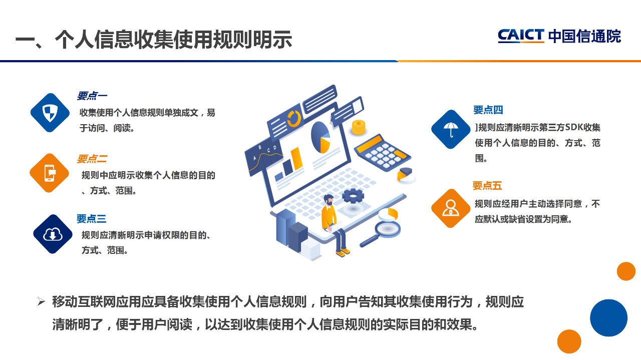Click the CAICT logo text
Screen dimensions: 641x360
point(521,36)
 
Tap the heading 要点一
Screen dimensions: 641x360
point(92,96)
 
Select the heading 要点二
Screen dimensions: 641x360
point(92,159)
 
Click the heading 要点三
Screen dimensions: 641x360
point(91,219)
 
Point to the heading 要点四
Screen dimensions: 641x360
point(488,110)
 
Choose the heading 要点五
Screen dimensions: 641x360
point(487,186)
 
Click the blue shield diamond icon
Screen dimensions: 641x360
point(50,113)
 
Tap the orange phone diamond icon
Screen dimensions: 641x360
point(50,173)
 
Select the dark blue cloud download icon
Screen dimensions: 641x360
point(53,234)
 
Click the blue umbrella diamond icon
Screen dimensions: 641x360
point(451,129)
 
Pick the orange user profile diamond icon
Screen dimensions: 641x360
point(451,208)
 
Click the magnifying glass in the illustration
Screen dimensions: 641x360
point(381,233)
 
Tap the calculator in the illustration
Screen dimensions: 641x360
point(382,153)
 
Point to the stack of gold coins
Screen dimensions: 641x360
point(359,127)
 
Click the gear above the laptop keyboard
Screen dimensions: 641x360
point(353,196)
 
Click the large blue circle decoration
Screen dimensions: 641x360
point(608,318)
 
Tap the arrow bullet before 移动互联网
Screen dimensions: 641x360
point(41,301)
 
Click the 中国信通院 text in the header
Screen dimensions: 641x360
point(584,37)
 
